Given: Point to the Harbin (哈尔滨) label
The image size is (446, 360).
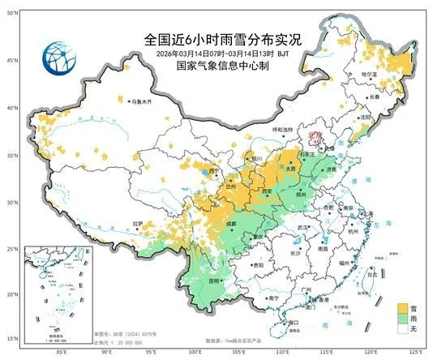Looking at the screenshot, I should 392,74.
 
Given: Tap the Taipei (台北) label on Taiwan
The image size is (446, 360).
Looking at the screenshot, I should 374,274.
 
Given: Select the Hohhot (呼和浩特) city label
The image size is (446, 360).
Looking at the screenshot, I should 281,129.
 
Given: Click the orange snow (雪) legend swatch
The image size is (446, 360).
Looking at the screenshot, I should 402,308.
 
